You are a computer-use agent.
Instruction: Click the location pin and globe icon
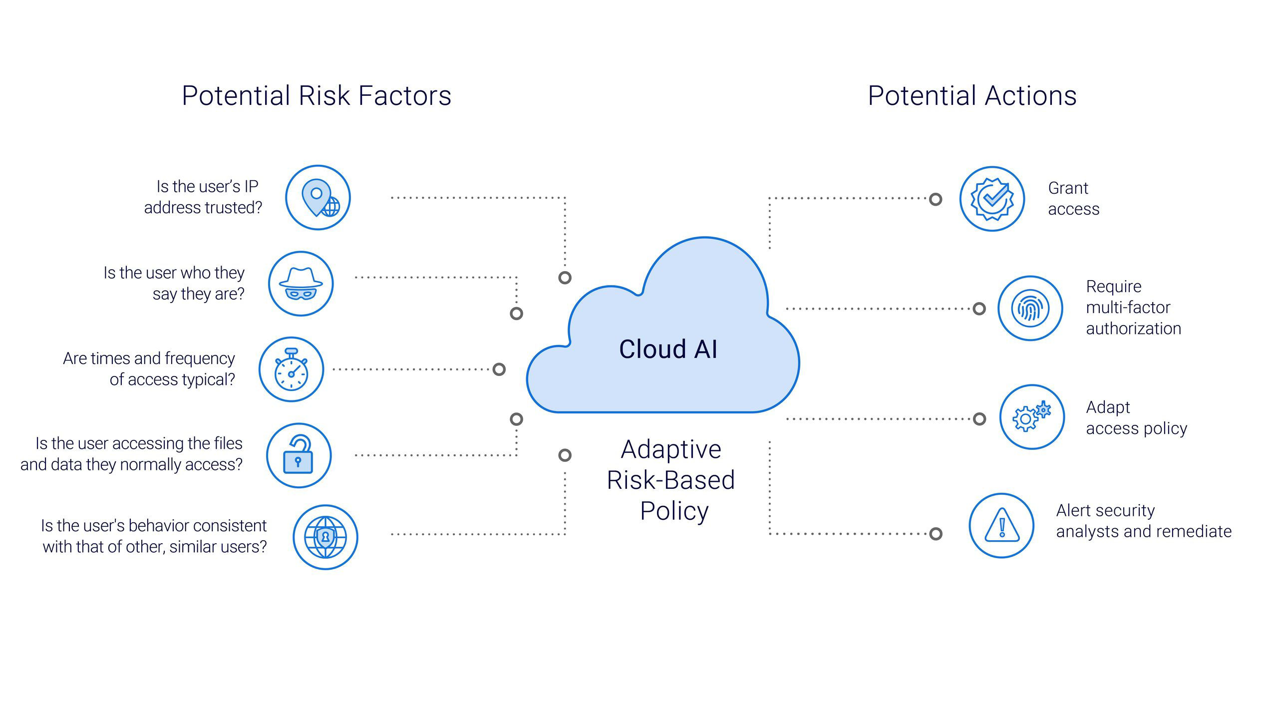coord(318,198)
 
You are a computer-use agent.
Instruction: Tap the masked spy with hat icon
coord(301,284)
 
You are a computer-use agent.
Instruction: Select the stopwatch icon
coord(291,369)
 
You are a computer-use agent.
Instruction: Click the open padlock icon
coord(299,455)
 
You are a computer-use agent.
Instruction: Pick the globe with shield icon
coord(325,537)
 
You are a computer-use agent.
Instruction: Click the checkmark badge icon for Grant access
coord(992,199)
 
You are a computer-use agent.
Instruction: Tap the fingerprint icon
coord(1030,308)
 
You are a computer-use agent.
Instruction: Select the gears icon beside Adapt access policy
coord(1031,417)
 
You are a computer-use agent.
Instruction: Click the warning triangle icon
coord(1001,526)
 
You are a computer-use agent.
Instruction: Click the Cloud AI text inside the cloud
coord(668,349)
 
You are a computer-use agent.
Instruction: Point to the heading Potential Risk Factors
coord(317,96)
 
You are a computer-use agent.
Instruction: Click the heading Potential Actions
coord(972,96)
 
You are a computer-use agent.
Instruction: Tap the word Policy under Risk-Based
coord(674,511)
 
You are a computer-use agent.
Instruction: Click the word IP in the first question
coord(251,187)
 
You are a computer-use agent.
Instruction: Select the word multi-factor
coord(1128,308)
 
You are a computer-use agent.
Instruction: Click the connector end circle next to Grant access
coord(936,199)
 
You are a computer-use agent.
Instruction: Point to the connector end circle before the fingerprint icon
coord(979,309)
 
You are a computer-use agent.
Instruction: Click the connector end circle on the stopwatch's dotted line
coord(499,369)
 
